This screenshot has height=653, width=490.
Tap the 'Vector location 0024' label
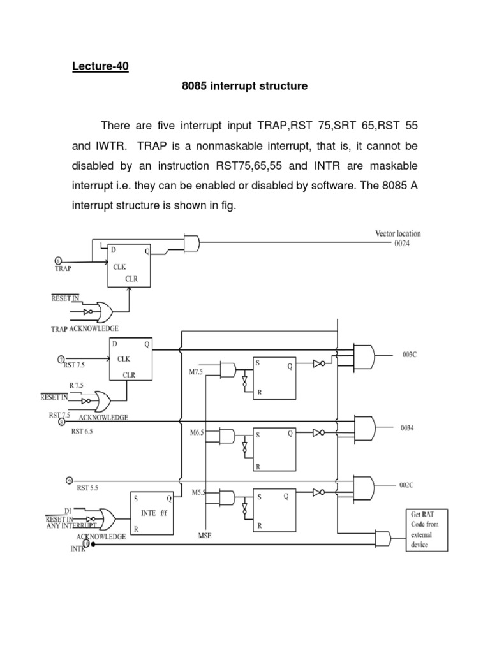[x=397, y=239]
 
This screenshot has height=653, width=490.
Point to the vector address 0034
[x=408, y=429]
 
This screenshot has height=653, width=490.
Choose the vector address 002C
[x=407, y=485]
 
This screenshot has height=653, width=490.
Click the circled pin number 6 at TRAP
[x=59, y=261]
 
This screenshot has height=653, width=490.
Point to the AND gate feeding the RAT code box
[x=384, y=537]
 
